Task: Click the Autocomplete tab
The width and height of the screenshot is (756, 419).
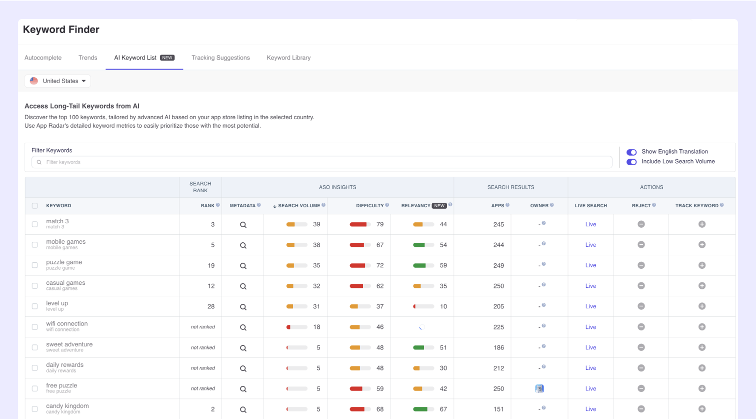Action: pos(43,58)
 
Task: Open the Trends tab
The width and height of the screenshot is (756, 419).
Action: pos(88,58)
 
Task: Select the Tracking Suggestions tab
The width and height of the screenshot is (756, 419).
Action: pos(220,58)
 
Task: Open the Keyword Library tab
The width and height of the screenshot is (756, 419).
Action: pos(288,58)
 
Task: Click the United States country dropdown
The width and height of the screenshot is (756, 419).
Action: pos(58,81)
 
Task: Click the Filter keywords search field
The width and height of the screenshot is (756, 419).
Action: pos(322,162)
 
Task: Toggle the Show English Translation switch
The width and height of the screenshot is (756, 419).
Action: pos(631,152)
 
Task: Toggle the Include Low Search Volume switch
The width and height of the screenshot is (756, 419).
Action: pos(631,162)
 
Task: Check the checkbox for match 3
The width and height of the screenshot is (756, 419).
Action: pos(35,224)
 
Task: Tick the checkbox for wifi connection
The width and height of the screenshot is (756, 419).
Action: pos(35,327)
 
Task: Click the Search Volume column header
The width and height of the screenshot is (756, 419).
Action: pos(299,206)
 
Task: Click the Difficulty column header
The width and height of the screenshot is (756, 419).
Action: pos(370,206)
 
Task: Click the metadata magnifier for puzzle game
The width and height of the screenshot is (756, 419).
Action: pos(243,266)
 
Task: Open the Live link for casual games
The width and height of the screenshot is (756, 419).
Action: pos(590,286)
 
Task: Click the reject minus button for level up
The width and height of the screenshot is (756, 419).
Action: pos(641,306)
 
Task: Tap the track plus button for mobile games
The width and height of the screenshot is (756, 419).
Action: pos(702,245)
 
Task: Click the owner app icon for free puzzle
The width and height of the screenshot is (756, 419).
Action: pos(539,388)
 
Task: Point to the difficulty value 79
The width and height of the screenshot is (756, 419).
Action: pos(380,224)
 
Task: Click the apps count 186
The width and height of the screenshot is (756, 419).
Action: pos(498,347)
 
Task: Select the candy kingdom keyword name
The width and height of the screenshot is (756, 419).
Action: pos(67,406)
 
